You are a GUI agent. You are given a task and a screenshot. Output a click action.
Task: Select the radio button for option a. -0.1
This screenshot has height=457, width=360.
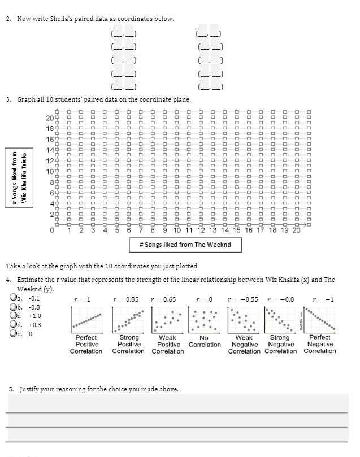pos(12,298)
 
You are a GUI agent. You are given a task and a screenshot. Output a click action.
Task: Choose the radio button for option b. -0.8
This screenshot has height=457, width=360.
pos(12,307)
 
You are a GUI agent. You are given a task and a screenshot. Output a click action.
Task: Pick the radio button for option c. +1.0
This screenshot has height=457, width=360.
pos(12,316)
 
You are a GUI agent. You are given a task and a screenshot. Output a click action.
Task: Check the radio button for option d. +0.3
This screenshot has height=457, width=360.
pos(12,325)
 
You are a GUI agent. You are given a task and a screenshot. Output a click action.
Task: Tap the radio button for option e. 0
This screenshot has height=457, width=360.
pos(12,334)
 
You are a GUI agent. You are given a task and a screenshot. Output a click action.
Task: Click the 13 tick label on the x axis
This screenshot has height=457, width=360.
pos(212,230)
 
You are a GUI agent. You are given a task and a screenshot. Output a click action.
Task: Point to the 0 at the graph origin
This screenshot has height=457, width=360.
pos(53,230)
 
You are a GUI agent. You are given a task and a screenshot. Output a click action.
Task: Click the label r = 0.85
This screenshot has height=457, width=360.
pos(125,299)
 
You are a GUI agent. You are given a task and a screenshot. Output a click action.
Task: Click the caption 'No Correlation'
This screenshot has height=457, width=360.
pos(205,341)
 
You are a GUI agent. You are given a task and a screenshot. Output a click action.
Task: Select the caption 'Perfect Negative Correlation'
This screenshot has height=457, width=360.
pos(320,344)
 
